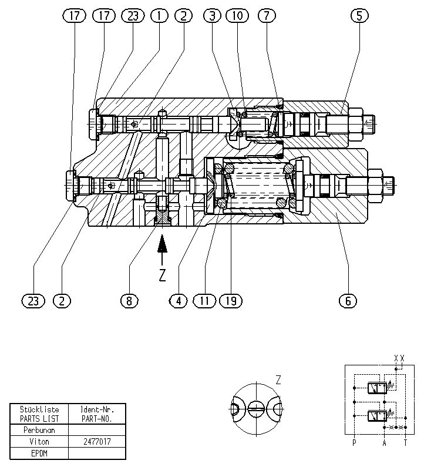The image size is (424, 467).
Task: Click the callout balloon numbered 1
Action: [159, 15]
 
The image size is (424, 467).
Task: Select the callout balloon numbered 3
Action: [213, 15]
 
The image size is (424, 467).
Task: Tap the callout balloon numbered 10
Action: [237, 15]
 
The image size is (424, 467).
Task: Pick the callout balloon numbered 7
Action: [267, 15]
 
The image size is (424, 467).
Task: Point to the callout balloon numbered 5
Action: [359, 15]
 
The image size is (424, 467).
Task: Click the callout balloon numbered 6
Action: [348, 301]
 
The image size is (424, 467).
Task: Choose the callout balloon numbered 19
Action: [231, 301]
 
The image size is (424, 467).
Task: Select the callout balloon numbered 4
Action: [179, 301]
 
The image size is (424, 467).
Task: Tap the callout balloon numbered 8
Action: [129, 301]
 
